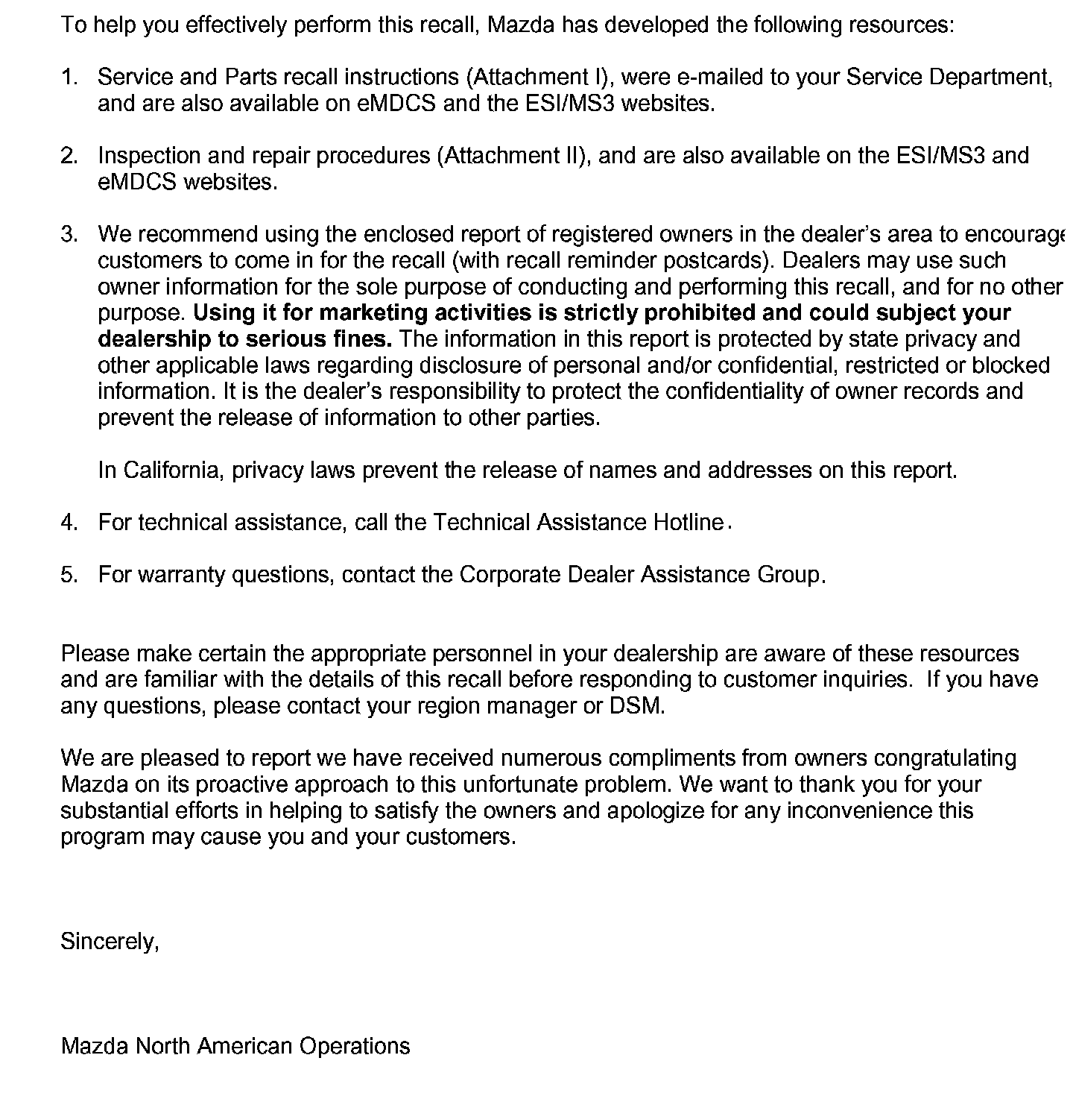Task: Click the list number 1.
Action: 69,77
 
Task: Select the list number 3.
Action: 69,234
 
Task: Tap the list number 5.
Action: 69,575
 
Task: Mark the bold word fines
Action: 363,338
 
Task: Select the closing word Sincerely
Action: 109,942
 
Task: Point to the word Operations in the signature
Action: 355,1046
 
